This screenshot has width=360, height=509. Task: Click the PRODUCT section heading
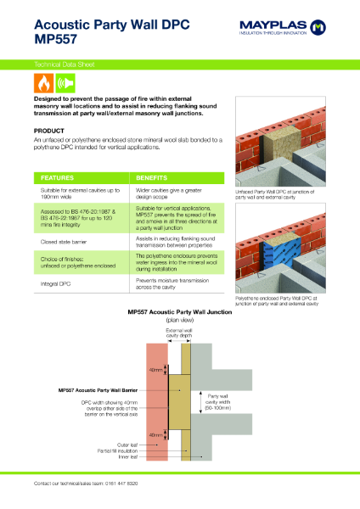49,131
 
